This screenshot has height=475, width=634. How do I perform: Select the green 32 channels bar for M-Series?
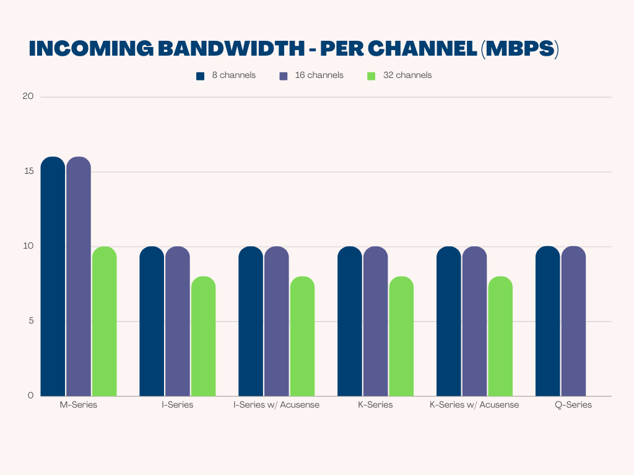click(104, 321)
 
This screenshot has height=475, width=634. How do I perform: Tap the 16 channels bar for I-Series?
click(178, 321)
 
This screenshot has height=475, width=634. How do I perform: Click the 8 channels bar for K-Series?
click(350, 321)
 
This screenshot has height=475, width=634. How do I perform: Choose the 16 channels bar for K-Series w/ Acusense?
click(474, 321)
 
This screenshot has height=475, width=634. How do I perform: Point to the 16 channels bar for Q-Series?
click(573, 321)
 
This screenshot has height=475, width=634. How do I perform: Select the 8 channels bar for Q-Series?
click(547, 321)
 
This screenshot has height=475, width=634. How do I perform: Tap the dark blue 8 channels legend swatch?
click(200, 76)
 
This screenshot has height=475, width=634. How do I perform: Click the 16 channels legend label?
click(319, 75)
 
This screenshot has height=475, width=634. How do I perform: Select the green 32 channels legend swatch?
click(371, 76)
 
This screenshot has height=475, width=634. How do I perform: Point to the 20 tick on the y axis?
click(28, 96)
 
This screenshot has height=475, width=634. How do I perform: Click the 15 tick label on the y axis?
click(28, 171)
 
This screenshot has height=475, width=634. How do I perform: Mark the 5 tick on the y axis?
click(30, 321)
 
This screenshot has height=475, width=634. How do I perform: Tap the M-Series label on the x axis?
click(78, 405)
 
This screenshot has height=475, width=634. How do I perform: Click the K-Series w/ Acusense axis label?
click(474, 405)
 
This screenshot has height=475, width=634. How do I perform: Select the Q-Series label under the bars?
click(573, 405)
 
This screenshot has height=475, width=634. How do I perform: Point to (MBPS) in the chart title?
click(519, 49)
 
